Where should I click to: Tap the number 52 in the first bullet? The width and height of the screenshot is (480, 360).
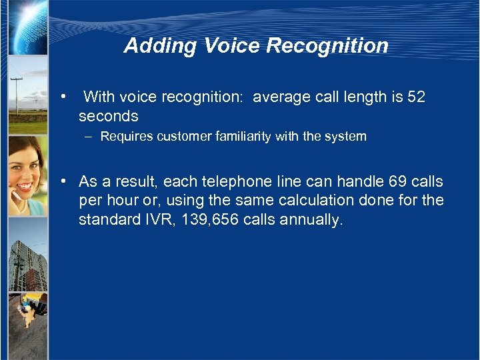[415, 97]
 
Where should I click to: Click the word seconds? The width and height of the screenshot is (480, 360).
[108, 116]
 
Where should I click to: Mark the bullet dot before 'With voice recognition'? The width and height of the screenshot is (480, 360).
[62, 97]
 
